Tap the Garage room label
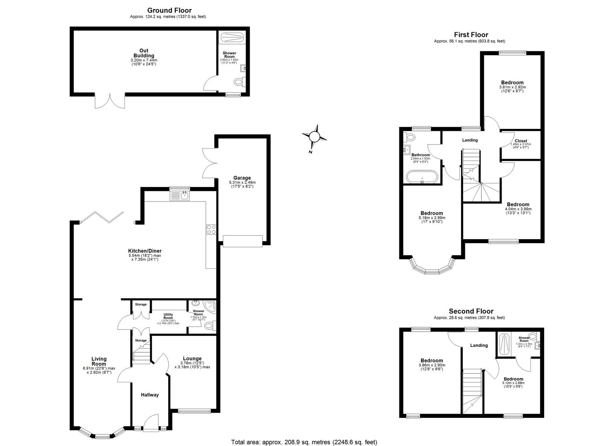242,178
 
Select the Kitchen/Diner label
145,251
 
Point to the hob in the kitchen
211,229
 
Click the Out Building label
143,53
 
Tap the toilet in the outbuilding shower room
239,83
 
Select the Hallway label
150,395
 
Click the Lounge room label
192,358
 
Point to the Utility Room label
168,316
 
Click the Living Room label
99,361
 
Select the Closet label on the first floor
521,141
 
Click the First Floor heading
471,35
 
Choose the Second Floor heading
471,311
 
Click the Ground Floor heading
170,10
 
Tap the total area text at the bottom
304,442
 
